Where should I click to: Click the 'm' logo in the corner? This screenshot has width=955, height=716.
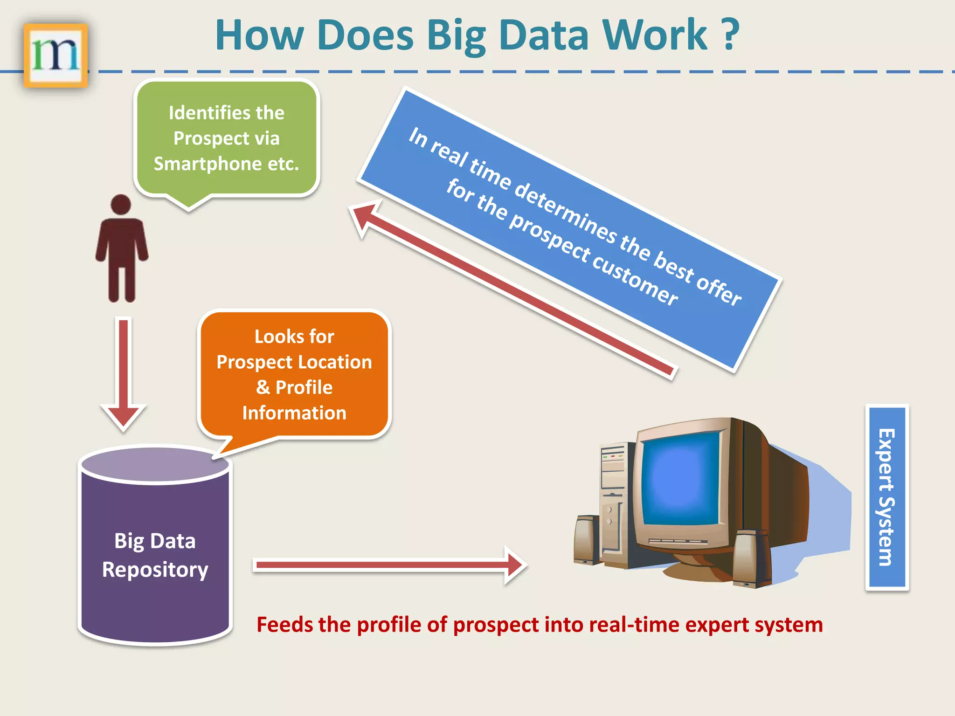point(55,55)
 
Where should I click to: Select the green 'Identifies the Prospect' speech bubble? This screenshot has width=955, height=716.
point(227,138)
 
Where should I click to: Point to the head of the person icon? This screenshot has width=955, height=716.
point(121,204)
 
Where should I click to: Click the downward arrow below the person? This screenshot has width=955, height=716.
point(124,373)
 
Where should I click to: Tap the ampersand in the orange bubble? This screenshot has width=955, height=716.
point(263,387)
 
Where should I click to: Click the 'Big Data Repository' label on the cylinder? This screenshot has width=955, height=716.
point(155,555)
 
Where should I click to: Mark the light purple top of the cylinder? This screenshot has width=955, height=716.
point(155,464)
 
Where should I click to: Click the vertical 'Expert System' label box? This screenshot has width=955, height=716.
point(887,497)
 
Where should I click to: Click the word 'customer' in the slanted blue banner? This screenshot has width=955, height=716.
point(635,279)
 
